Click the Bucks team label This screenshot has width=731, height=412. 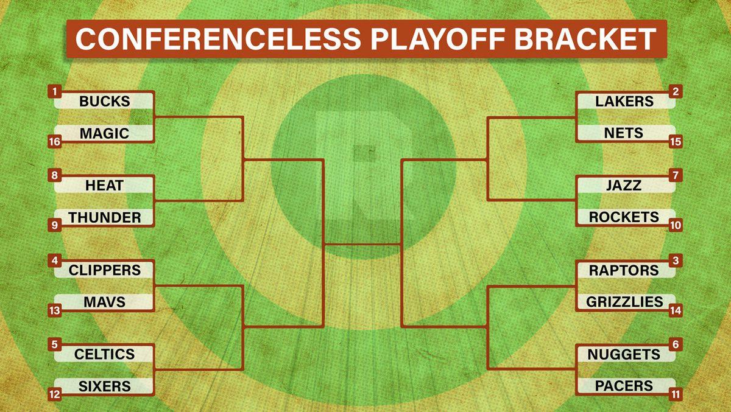[104, 102]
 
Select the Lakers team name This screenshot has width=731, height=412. [624, 102]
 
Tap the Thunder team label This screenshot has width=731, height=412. [104, 218]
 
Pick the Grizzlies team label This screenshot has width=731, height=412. [624, 302]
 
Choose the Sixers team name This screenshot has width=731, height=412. [104, 386]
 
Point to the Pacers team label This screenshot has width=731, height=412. [624, 386]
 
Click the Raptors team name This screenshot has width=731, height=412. [624, 271]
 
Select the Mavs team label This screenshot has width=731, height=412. [104, 302]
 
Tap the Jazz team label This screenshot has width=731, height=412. [624, 186]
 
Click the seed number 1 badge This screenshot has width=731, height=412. [54, 92]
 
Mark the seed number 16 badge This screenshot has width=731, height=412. [54, 142]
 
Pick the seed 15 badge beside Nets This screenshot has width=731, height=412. [676, 142]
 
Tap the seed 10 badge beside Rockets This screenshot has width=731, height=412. [676, 225]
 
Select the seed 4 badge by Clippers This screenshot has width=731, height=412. [54, 260]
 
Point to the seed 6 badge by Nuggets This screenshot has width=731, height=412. [676, 344]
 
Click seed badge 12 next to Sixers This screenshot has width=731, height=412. [54, 395]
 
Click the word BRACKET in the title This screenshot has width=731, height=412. [585, 39]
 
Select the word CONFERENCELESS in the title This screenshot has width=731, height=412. [218, 39]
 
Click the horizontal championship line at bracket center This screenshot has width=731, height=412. [362, 244]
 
